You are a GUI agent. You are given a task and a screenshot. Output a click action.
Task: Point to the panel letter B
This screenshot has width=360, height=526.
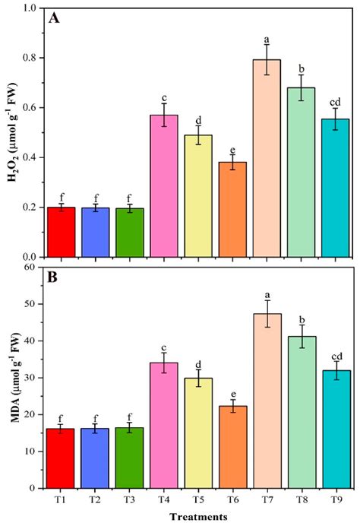coord(54,278)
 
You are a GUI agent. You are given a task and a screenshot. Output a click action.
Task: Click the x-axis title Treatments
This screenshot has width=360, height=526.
coord(198,516)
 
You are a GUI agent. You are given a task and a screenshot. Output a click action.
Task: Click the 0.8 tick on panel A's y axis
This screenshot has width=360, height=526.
coord(32,58)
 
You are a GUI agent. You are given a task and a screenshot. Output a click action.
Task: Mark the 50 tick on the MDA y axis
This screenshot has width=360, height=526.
coord(34,304)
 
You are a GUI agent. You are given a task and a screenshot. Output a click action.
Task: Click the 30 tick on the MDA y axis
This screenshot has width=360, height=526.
coord(34,378)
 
